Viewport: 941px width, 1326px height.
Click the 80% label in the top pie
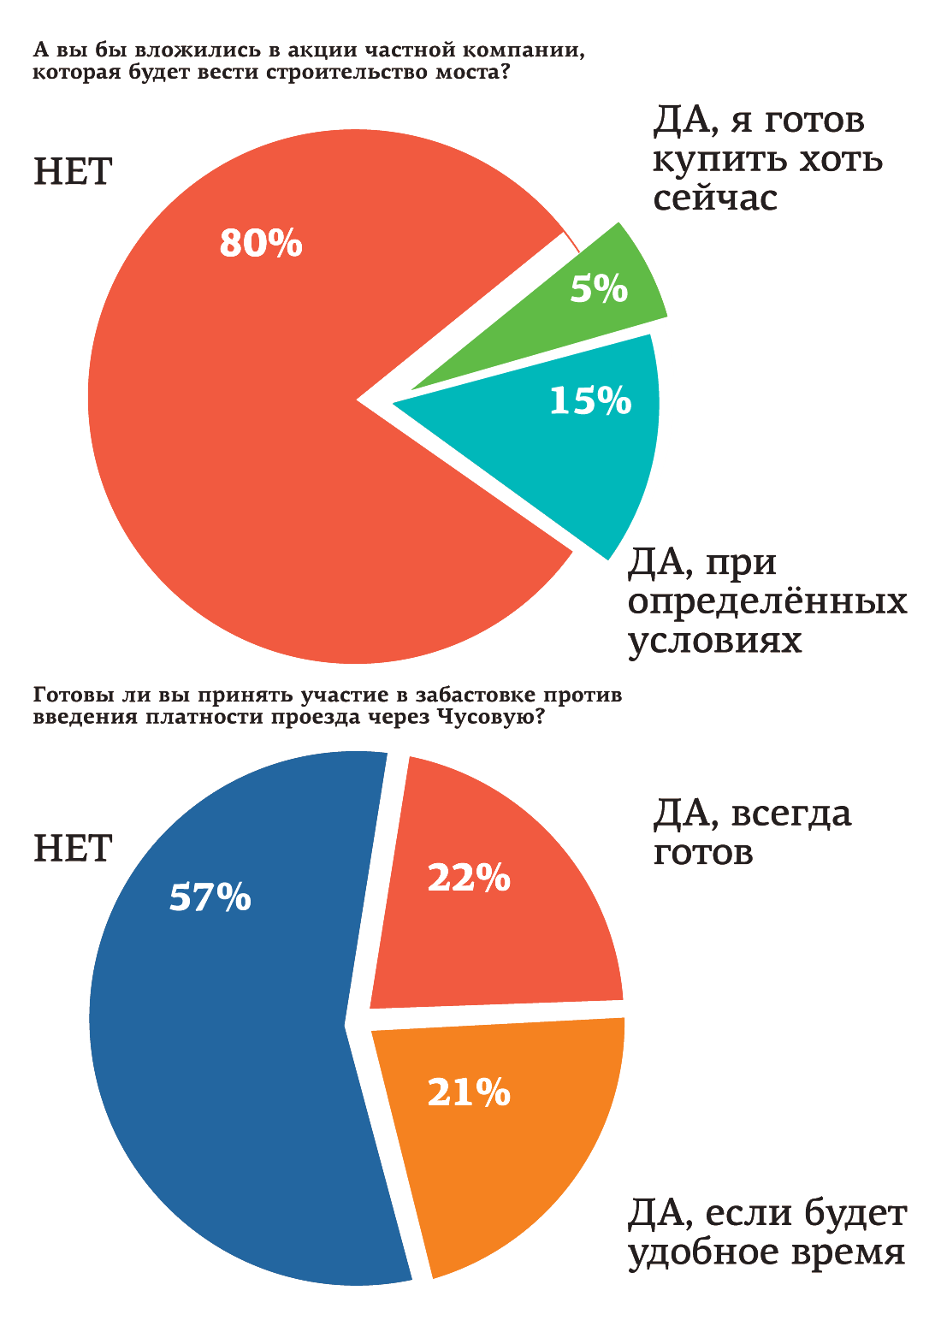[261, 244]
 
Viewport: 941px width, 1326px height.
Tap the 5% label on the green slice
[599, 289]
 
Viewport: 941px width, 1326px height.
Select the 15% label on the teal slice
[590, 400]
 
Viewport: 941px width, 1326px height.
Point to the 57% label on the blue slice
[210, 897]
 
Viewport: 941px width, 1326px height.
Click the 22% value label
[469, 878]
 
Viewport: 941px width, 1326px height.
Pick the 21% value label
[469, 1092]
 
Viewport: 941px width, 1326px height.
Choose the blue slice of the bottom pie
[231, 1069]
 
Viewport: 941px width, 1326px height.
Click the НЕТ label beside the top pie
[73, 172]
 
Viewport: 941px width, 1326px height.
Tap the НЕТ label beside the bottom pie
[73, 849]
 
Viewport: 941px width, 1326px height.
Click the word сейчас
[715, 198]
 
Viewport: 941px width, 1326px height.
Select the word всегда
[792, 814]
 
